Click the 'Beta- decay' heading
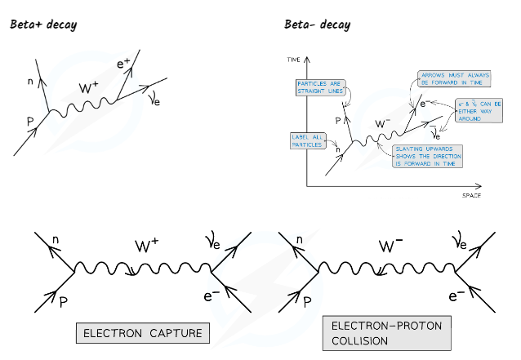(317, 24)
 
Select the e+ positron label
(123, 64)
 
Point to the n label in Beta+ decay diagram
(32, 80)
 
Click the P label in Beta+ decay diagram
(30, 121)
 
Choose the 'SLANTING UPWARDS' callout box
(425, 155)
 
